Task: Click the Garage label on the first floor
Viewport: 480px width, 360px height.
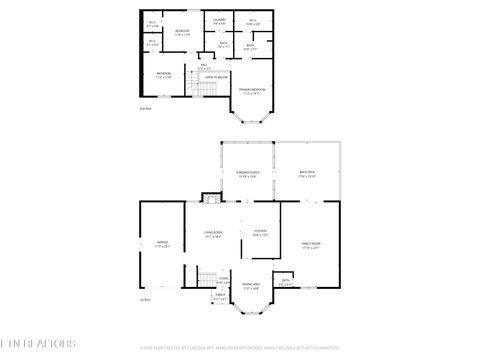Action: click(163, 243)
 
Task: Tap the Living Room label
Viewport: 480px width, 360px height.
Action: click(213, 234)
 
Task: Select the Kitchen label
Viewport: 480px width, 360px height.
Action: click(259, 234)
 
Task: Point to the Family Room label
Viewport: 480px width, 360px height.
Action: click(311, 243)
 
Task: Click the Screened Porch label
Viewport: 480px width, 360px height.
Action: click(247, 175)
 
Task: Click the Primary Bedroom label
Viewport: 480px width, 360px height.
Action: click(251, 90)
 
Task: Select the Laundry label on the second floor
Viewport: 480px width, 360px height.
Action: click(219, 21)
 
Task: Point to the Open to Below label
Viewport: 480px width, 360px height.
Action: click(216, 77)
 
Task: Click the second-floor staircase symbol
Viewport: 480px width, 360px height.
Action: click(204, 90)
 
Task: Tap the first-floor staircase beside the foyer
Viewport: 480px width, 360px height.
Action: click(207, 276)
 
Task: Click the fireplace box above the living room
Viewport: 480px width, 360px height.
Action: click(211, 198)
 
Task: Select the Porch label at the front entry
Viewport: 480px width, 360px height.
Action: click(220, 298)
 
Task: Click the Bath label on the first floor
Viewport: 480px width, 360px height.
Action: click(286, 283)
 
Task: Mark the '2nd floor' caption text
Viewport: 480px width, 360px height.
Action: click(145, 109)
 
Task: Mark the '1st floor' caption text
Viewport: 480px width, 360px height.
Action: click(145, 299)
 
